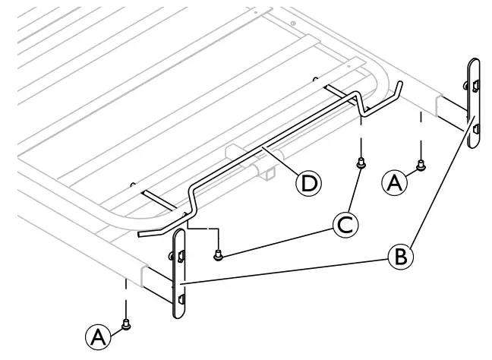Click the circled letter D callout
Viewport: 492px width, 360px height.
click(308, 182)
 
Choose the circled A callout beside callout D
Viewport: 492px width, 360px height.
click(395, 181)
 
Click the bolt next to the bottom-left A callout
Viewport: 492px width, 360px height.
click(128, 324)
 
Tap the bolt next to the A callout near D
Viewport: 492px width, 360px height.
click(421, 165)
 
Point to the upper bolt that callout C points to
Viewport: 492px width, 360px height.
click(362, 161)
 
